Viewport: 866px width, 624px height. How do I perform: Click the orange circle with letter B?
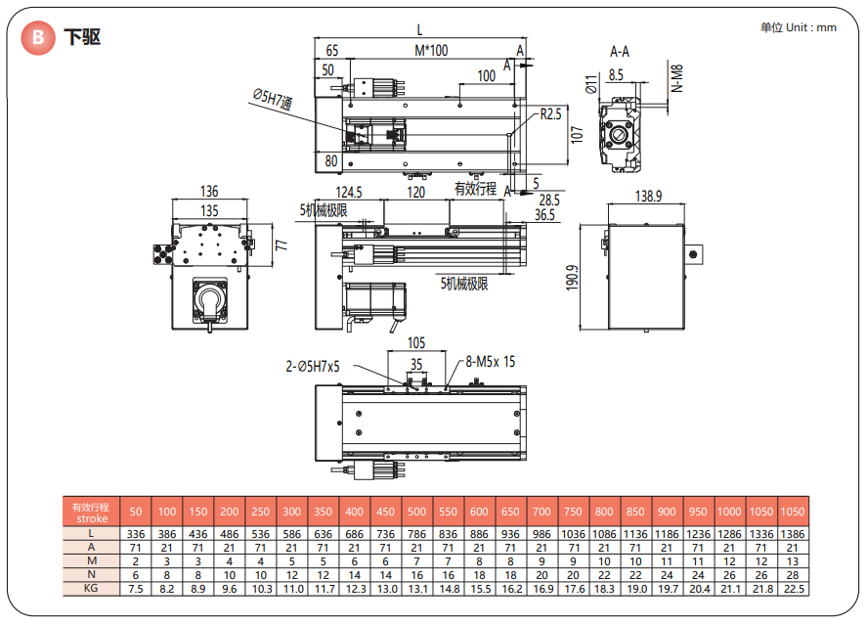pos(38,38)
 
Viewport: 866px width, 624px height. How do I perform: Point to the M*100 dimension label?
pos(430,50)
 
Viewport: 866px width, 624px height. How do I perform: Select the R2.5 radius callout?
pos(551,114)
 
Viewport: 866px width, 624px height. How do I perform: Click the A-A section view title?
pos(620,50)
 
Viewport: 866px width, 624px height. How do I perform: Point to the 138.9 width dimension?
pos(648,197)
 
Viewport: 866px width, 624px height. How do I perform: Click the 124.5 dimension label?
pos(349,192)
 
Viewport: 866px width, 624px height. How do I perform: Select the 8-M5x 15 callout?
pos(491,362)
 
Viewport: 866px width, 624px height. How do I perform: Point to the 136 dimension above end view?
pos(208,192)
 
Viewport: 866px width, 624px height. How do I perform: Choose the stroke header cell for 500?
pos(416,512)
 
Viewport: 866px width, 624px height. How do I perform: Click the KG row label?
pos(91,589)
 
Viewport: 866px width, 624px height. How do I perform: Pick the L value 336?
pos(136,533)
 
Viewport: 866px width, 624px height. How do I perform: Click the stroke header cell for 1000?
pos(728,512)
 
